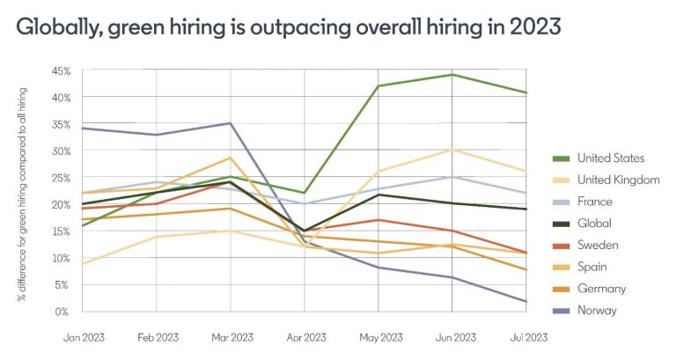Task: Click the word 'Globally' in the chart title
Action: click(x=59, y=27)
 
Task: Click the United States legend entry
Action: click(x=611, y=158)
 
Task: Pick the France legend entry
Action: click(x=595, y=202)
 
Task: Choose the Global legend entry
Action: click(x=594, y=224)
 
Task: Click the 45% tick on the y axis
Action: click(x=61, y=70)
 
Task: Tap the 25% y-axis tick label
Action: click(x=61, y=178)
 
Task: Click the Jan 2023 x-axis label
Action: click(x=83, y=337)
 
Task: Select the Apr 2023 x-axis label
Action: click(x=304, y=337)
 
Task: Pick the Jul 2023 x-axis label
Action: click(x=525, y=337)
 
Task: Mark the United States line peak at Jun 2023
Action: click(x=452, y=74)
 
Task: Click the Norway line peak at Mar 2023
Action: click(x=231, y=123)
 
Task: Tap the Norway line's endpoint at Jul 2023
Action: click(x=526, y=302)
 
